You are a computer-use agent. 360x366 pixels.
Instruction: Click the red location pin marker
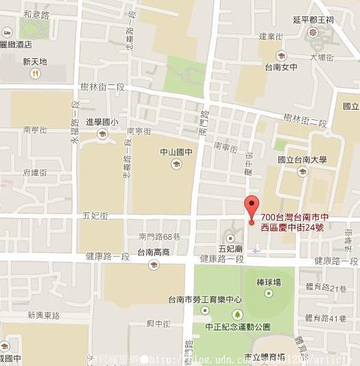(252, 206)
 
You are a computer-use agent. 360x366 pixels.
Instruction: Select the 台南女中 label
(280, 68)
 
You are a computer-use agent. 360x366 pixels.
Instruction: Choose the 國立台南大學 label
(302, 160)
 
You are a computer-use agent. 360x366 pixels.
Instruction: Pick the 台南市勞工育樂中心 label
(206, 300)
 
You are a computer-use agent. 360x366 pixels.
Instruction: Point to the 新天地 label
(34, 61)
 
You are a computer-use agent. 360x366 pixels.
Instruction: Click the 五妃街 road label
(95, 215)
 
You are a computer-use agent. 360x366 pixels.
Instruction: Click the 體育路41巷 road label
(326, 317)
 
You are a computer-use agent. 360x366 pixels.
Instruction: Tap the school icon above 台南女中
(280, 56)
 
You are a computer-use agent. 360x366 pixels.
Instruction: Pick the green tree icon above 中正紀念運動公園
(237, 314)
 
